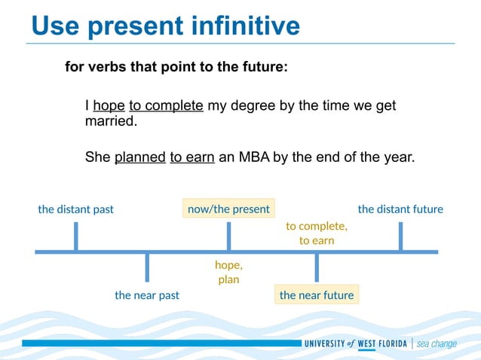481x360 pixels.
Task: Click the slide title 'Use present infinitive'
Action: [165, 26]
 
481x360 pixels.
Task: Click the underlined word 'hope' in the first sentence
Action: [109, 106]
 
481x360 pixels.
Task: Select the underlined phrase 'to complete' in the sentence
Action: [166, 106]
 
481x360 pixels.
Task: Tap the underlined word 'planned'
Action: [139, 158]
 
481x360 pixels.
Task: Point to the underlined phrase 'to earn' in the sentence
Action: [192, 158]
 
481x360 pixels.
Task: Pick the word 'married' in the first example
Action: [110, 121]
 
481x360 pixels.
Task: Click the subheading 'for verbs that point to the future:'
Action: [176, 67]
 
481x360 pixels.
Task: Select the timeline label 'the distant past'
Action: [75, 209]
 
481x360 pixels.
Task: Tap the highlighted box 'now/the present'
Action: [228, 209]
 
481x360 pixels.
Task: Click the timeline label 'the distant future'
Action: [400, 209]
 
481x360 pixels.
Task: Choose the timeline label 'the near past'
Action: [147, 295]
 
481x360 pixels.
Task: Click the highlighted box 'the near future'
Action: [317, 295]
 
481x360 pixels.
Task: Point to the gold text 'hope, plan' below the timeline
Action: [228, 273]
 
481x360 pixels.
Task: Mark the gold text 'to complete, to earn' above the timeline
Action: [317, 233]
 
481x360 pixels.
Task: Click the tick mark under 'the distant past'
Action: [75, 236]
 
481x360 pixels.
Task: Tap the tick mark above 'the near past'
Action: [147, 267]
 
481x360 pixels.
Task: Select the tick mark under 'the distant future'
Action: [400, 236]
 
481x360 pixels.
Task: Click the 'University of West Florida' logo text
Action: [355, 344]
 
